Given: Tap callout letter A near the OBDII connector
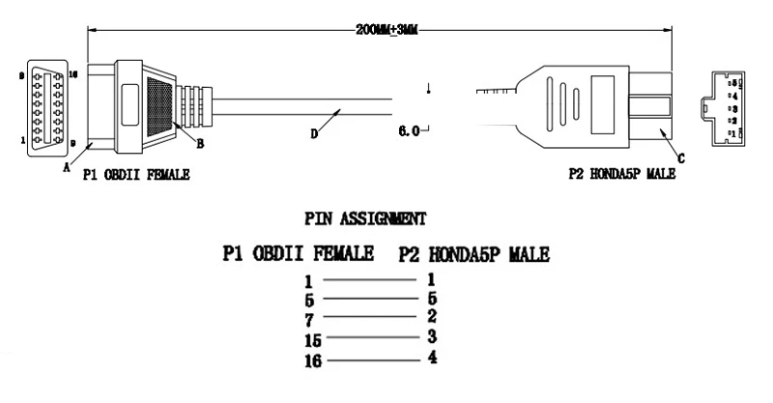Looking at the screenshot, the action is pyautogui.click(x=67, y=166).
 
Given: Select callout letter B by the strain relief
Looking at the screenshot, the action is pyautogui.click(x=200, y=145).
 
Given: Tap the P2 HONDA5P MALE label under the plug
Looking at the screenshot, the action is pyautogui.click(x=622, y=175).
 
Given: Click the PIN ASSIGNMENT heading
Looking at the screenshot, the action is pyautogui.click(x=365, y=218).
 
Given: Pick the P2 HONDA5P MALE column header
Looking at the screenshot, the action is pyautogui.click(x=473, y=254).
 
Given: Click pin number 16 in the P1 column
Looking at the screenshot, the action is pyautogui.click(x=310, y=361).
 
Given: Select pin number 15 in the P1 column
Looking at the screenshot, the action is pyautogui.click(x=310, y=339).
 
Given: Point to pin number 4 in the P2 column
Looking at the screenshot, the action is pyautogui.click(x=432, y=358).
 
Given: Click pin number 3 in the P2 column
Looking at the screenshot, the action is pyautogui.click(x=432, y=336).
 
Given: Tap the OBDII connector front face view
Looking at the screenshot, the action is pyautogui.click(x=43, y=106).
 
